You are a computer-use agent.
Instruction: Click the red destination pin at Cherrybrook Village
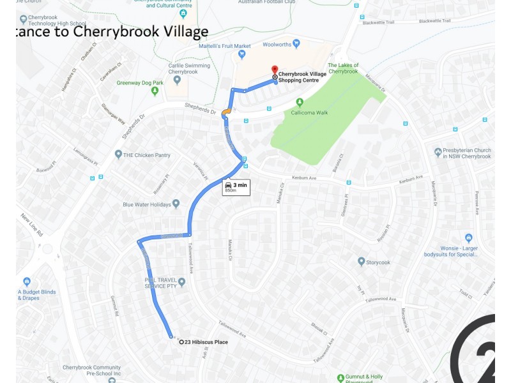(x=275, y=70)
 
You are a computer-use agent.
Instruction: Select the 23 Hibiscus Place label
(x=206, y=342)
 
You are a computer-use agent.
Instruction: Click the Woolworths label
(x=277, y=44)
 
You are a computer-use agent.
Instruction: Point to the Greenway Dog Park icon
(x=155, y=91)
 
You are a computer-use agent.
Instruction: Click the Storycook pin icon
(x=361, y=261)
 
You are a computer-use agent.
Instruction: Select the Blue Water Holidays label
(x=147, y=205)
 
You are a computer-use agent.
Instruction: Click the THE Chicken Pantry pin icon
(x=118, y=154)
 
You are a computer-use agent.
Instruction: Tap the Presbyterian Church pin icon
(x=438, y=153)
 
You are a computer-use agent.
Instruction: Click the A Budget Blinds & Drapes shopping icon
(x=27, y=282)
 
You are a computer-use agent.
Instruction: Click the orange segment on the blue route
(x=226, y=114)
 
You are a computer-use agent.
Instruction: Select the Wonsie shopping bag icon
(x=468, y=238)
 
